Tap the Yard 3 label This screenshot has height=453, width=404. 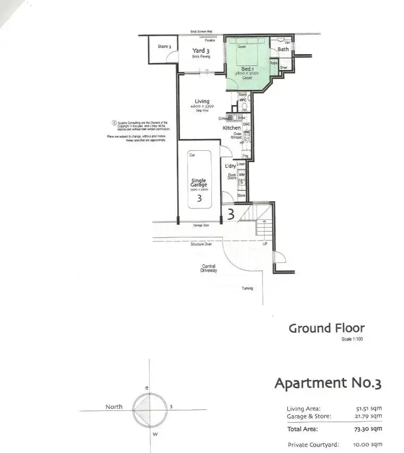[x=201, y=51]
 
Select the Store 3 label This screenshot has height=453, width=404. [x=165, y=47]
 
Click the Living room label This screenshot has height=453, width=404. [x=202, y=101]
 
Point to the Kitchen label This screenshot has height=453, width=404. [x=232, y=128]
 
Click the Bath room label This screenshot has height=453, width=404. [x=283, y=50]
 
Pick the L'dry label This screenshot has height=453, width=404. [x=231, y=166]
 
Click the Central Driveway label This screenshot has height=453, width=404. [x=209, y=269]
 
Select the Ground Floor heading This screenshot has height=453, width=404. [x=326, y=328]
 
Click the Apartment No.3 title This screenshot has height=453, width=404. [x=328, y=384]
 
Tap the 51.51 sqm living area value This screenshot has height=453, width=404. [x=369, y=409]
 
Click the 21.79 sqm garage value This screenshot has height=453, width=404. [x=369, y=416]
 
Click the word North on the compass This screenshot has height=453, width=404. [x=114, y=407]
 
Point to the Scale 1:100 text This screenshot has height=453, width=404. [x=353, y=339]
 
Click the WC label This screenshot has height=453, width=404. [x=242, y=100]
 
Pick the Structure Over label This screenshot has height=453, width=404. [x=201, y=245]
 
